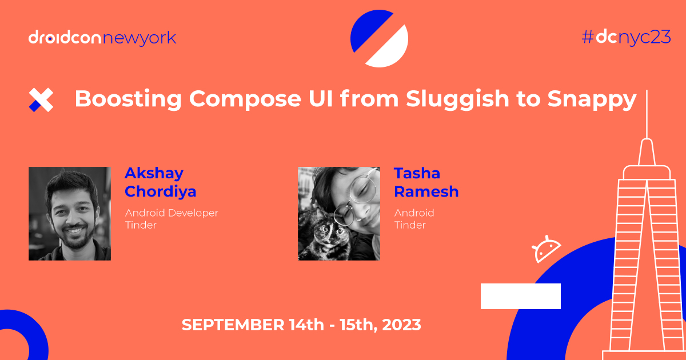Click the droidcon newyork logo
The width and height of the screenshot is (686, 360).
point(102,38)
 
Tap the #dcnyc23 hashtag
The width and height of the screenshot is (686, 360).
point(626,38)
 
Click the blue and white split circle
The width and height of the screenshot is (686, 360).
point(379,38)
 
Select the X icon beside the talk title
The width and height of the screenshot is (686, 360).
point(41,100)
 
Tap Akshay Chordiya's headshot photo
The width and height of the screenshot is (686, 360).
point(70,214)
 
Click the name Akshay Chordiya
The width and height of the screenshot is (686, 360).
point(160,182)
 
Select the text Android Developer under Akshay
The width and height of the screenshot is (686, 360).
point(171,213)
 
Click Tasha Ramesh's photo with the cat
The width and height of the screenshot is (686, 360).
point(339,214)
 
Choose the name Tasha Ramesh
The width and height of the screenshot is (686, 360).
point(426,182)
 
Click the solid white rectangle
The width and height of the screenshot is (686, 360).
point(520,296)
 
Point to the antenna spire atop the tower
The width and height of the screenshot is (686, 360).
point(647,114)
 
